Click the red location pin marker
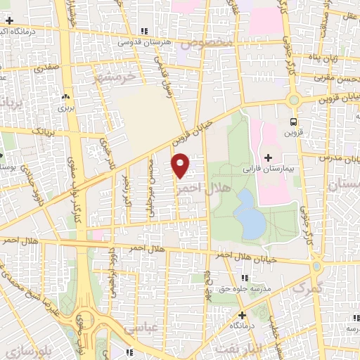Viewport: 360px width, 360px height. tap(181, 165)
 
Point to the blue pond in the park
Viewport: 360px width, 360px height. tap(250, 215)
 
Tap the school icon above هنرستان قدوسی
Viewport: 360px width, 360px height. tap(144, 31)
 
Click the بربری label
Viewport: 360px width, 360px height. tap(65, 109)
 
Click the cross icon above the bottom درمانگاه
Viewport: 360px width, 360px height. tap(243, 315)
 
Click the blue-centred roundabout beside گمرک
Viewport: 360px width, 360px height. tap(317, 266)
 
